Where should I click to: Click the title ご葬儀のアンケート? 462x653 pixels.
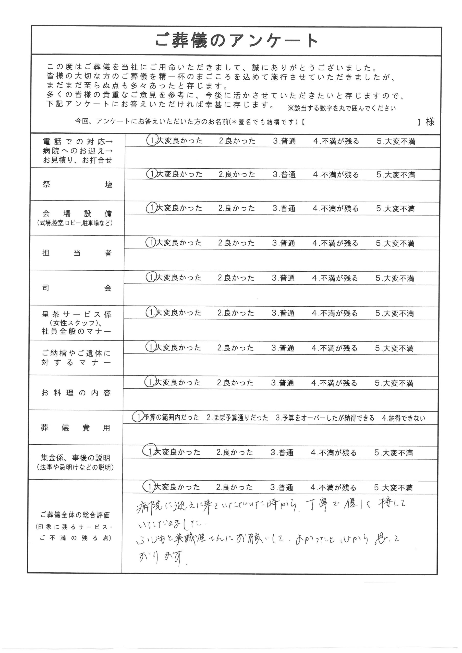(x=236, y=41)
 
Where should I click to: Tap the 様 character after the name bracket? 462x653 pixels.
(x=430, y=122)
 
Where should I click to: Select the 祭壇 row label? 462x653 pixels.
(x=77, y=185)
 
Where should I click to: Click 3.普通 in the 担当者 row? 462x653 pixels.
(x=284, y=243)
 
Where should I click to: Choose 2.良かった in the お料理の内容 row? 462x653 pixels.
(x=235, y=383)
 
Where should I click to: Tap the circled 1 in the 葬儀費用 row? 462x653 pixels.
(x=138, y=417)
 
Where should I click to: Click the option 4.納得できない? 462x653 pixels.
(x=403, y=418)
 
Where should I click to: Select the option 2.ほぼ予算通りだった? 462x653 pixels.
(x=237, y=418)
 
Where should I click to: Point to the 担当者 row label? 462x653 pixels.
(x=77, y=253)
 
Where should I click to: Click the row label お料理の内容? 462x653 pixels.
(x=76, y=393)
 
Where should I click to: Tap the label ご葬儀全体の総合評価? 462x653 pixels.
(x=75, y=515)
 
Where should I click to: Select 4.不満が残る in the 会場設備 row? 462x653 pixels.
(x=335, y=208)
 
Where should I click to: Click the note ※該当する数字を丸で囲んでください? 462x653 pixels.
(x=342, y=108)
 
